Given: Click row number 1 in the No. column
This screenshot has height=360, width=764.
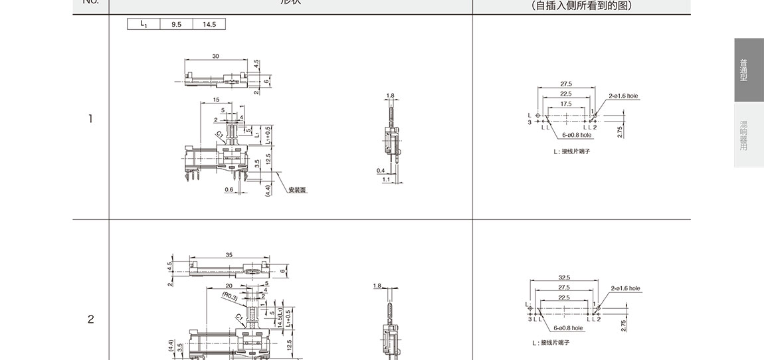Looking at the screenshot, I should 90,120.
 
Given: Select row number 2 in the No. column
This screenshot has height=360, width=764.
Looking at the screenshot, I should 90,319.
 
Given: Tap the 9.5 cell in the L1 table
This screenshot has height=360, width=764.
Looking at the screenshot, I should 176,25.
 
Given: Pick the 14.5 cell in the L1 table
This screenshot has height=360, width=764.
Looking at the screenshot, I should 209,25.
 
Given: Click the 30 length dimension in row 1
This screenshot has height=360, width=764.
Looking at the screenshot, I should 216,56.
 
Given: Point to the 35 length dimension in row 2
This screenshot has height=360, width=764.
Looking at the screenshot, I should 229,254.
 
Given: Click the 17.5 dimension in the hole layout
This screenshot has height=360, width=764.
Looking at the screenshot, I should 565,104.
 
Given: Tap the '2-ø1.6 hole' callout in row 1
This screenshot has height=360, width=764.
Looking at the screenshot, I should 623,96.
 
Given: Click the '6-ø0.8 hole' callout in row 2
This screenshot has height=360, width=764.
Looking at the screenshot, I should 568,328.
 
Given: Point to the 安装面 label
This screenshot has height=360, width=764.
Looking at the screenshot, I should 298,190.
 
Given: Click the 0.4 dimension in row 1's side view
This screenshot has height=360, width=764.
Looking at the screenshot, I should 381,171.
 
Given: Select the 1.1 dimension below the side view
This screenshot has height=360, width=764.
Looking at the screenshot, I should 386,179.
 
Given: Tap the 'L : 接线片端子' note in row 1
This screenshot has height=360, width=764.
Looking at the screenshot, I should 571,151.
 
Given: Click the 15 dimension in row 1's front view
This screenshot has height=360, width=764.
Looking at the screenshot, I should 217,100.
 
